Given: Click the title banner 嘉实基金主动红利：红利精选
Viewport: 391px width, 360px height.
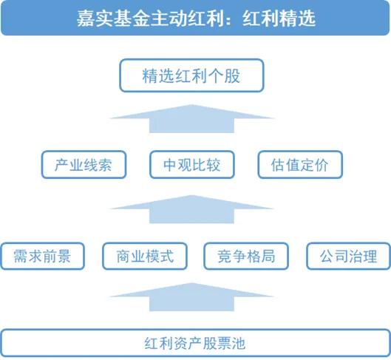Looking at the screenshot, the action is [x=195, y=18].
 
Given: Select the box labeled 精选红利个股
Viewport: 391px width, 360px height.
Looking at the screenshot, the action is [x=191, y=75].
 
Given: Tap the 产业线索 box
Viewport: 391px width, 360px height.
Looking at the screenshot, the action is [x=84, y=165].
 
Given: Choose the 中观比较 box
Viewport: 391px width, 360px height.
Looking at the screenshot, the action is [x=192, y=165].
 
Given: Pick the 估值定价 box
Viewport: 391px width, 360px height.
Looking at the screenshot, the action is [x=300, y=165].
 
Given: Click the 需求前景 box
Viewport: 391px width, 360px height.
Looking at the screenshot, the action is [x=43, y=256].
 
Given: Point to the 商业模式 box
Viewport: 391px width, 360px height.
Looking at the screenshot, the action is [x=145, y=256].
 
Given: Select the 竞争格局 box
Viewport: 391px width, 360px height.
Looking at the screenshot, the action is [x=246, y=256].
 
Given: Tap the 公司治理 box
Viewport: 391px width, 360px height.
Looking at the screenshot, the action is [x=348, y=256].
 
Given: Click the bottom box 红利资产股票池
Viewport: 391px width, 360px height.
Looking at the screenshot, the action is [x=195, y=343].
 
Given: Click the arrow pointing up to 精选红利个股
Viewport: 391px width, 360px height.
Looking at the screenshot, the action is [x=191, y=119].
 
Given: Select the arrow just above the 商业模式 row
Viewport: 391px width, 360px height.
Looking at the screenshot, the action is [x=191, y=209].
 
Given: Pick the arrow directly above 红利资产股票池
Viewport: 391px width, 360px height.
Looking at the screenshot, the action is [x=191, y=297].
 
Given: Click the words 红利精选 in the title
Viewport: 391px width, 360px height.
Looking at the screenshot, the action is [x=279, y=18].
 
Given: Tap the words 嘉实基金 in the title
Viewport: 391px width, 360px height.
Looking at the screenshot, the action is [x=114, y=18].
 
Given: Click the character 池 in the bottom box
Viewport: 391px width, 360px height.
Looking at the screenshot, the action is [x=238, y=343].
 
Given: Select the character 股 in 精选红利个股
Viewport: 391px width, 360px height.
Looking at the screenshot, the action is [x=232, y=76].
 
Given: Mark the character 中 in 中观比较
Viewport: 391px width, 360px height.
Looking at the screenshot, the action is [x=170, y=165].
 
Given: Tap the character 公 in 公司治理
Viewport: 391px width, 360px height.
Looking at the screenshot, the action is [x=327, y=257].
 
